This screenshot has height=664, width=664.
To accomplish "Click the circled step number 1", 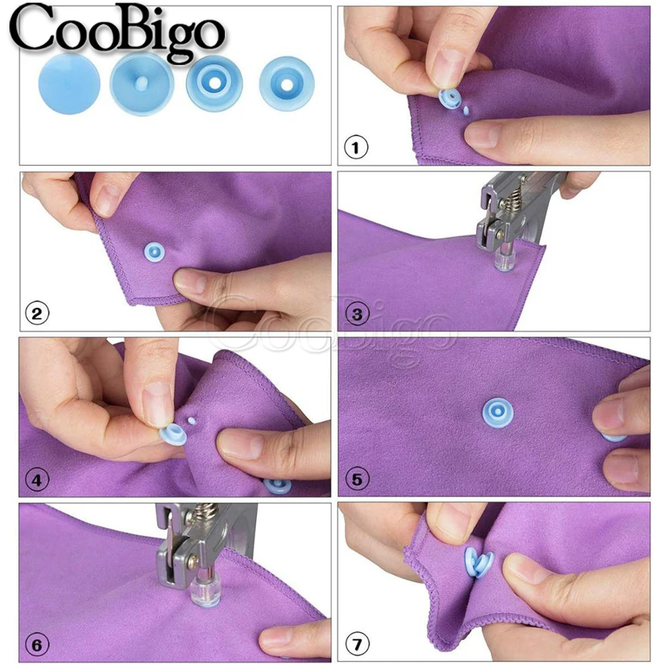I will coord(356,148).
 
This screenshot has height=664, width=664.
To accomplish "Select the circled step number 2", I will coord(37,313).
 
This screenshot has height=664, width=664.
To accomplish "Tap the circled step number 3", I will coord(357,314).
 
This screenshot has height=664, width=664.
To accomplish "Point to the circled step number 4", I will coord(37,479).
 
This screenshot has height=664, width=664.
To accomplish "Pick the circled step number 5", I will coord(357,479).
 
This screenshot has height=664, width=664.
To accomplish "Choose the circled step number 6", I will coord(37,644).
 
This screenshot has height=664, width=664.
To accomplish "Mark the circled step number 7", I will coord(357,644).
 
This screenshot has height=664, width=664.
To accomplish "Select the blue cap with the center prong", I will coord(141,85).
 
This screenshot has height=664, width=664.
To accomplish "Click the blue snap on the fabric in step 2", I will coord(154,252).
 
